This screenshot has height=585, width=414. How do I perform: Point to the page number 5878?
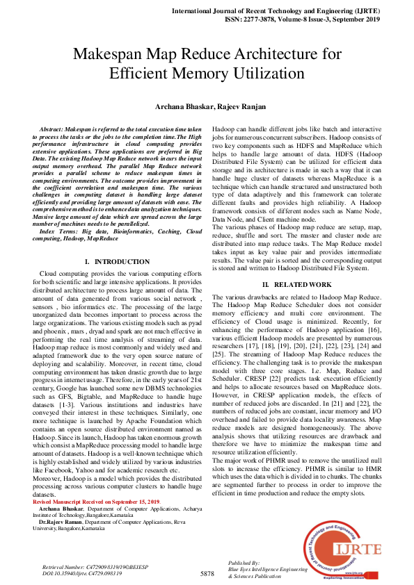point(207,573)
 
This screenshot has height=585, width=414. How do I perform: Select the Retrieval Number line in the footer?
point(89,568)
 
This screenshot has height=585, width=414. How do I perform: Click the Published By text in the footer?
point(244,563)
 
